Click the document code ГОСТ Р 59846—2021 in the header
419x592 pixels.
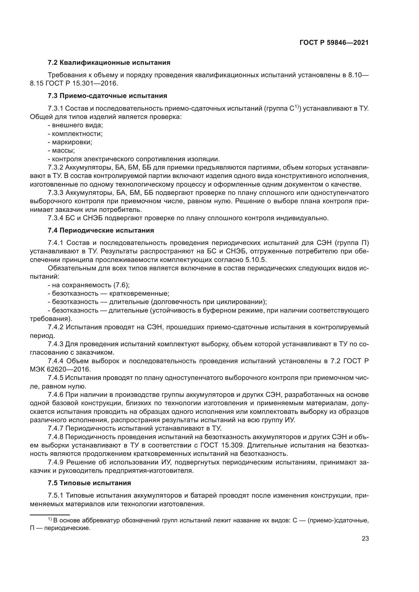click(x=334, y=43)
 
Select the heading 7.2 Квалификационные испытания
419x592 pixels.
click(x=109, y=63)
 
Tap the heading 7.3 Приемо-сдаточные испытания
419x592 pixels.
click(x=107, y=96)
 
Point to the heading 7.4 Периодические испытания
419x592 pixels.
click(x=101, y=231)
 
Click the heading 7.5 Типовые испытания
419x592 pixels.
click(x=89, y=483)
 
